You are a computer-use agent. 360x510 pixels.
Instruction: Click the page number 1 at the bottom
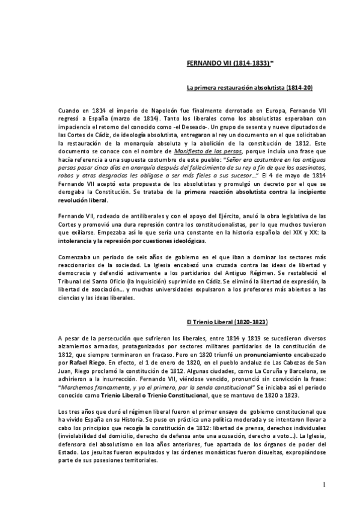(323, 485)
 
